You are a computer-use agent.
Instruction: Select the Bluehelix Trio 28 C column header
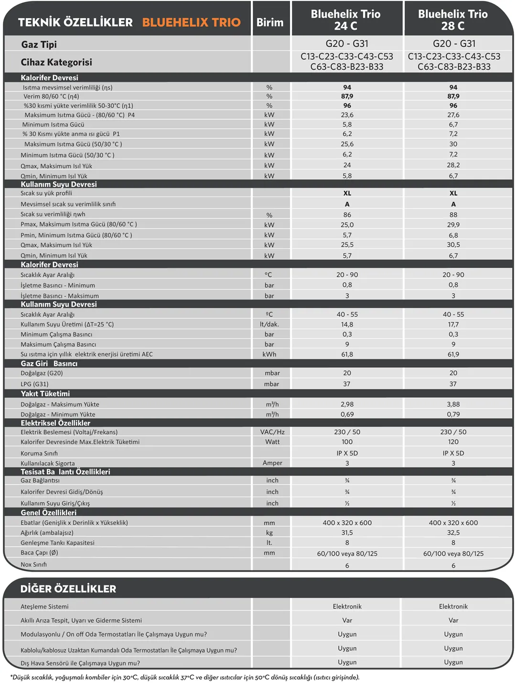point(452,20)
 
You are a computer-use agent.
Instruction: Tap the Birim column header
point(270,22)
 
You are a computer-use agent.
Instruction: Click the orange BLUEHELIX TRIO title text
point(191,22)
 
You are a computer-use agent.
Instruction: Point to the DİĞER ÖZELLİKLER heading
point(68,589)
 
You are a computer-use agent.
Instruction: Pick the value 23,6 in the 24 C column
point(347,115)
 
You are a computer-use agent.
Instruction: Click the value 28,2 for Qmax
point(453,165)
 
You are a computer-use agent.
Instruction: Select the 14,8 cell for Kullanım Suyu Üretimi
point(347,324)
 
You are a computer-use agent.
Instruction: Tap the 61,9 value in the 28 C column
point(453,354)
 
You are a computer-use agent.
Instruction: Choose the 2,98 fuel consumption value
point(347,404)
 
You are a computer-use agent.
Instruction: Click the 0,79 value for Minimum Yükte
point(453,414)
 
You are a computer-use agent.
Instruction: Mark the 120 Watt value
point(453,442)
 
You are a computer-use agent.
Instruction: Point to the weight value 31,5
point(347,532)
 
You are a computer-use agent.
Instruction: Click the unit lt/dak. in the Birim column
point(269,324)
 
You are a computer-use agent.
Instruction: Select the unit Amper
point(272,463)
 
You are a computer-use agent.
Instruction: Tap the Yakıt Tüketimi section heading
point(45,394)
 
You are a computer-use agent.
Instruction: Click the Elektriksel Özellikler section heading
point(55,423)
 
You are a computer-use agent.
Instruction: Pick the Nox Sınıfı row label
point(34,564)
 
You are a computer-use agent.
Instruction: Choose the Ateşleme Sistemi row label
point(44,607)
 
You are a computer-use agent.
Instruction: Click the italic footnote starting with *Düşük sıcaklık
point(184,677)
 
